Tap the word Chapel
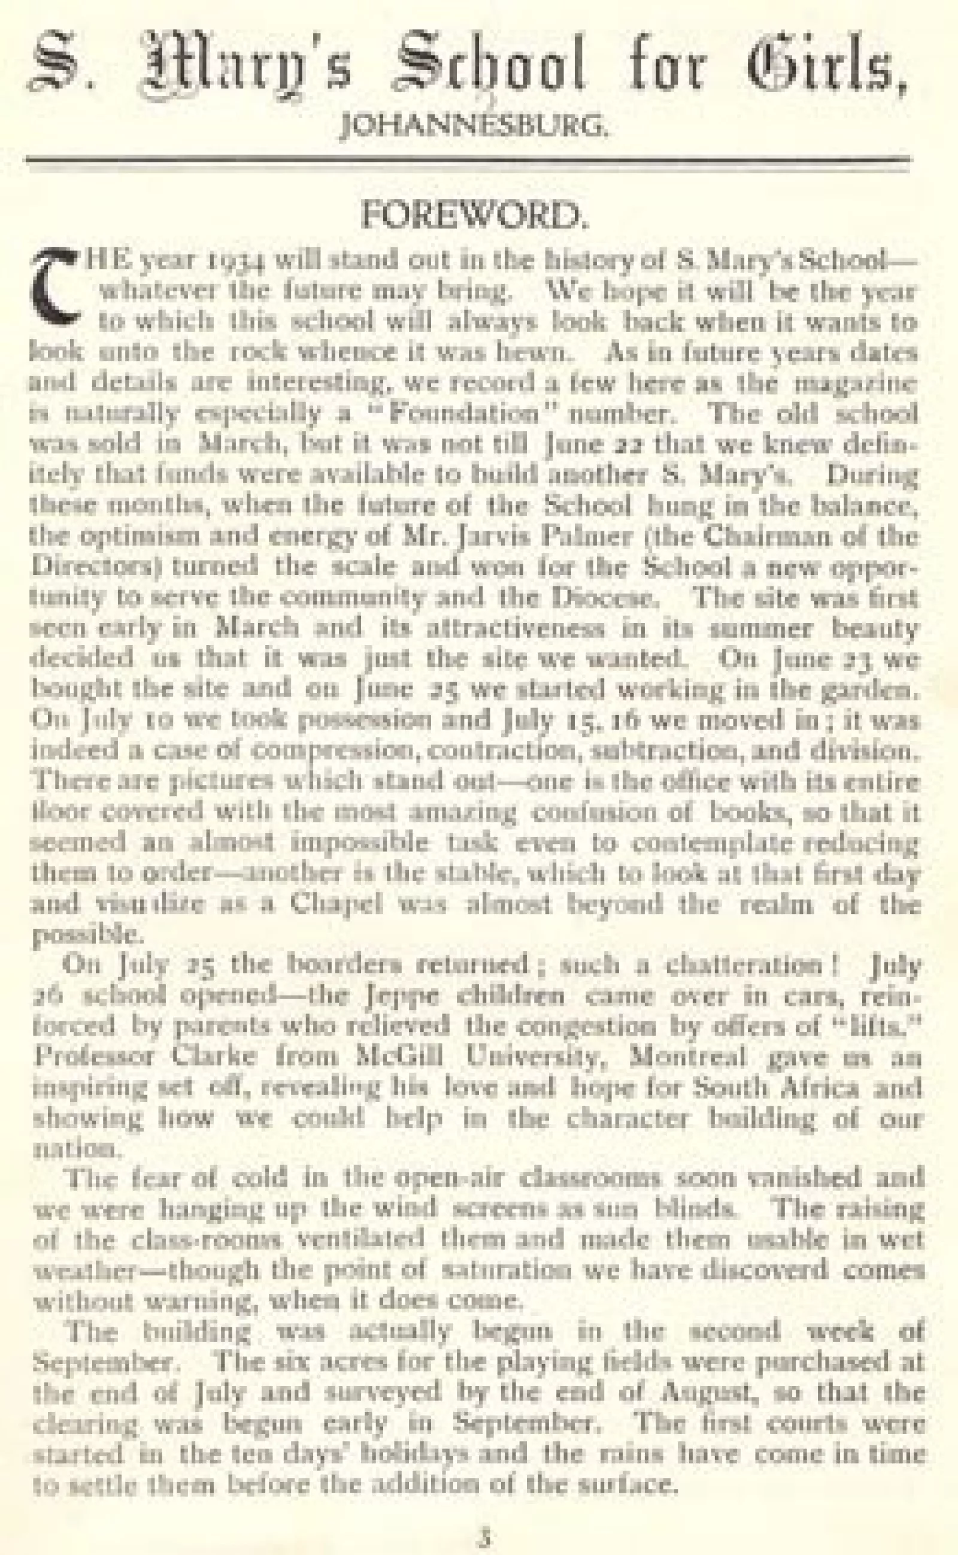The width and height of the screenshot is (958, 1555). point(336,904)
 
